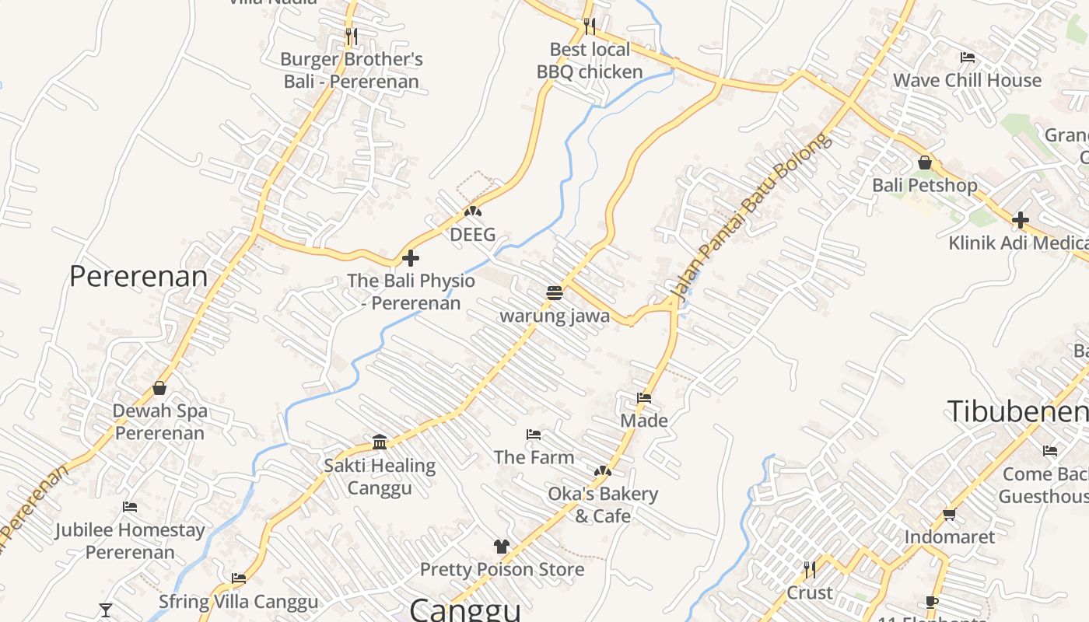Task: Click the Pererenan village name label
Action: [138, 276]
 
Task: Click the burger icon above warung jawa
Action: [554, 293]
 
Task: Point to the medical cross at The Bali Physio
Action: [411, 258]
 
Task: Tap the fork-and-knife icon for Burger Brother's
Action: [352, 36]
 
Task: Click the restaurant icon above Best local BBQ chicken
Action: [590, 26]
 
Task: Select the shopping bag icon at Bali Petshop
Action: [925, 162]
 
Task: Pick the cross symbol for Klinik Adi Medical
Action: [1021, 220]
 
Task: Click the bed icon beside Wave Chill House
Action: [968, 58]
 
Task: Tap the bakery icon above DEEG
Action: [473, 211]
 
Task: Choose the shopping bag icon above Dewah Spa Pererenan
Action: [159, 388]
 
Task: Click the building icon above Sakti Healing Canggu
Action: [380, 442]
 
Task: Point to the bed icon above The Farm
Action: [534, 434]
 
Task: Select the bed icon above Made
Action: [644, 398]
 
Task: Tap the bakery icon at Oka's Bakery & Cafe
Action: [603, 471]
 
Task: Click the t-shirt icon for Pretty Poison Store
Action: [502, 547]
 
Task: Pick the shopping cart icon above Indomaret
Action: [949, 514]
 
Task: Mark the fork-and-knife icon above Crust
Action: [810, 570]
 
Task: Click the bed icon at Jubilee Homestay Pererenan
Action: [130, 507]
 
